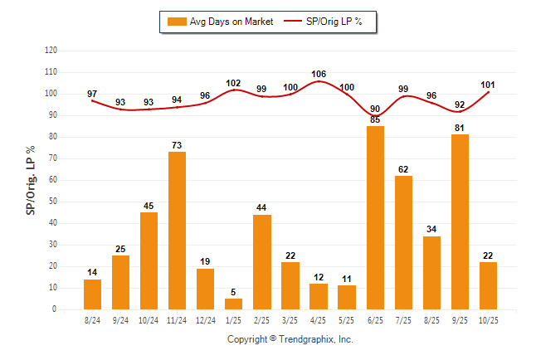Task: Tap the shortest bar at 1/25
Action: point(233,304)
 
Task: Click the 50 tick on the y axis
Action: point(53,202)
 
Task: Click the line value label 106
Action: point(319,74)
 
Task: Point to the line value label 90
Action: point(375,109)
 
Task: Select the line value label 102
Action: point(233,83)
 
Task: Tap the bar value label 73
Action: point(177,145)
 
